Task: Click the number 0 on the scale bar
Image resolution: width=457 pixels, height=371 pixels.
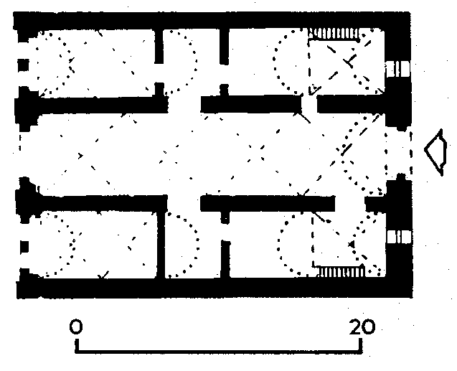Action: (x=76, y=327)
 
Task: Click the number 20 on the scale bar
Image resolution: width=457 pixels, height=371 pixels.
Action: (x=362, y=327)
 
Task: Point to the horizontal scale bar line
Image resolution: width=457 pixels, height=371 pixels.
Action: (x=219, y=351)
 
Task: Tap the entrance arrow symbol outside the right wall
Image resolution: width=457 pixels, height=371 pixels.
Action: (x=435, y=152)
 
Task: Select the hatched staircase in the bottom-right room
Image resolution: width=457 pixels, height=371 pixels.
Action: (x=341, y=272)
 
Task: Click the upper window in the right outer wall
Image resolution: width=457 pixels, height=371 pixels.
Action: (x=398, y=69)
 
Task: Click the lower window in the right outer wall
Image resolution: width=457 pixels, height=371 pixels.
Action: (x=399, y=237)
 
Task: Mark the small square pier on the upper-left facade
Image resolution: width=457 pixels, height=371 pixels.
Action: (x=23, y=65)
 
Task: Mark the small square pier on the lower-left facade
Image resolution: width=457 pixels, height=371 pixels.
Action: (x=24, y=247)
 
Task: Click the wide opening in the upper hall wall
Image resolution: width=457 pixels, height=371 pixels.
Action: (x=184, y=104)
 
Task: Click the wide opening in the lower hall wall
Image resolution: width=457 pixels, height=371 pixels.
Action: (x=184, y=203)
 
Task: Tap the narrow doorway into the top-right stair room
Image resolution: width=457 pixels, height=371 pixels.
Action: (x=309, y=104)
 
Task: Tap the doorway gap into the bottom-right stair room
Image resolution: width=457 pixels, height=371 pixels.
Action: (x=350, y=203)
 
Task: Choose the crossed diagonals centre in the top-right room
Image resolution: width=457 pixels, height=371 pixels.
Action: (x=348, y=62)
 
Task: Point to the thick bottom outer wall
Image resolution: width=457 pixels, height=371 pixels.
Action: (x=215, y=288)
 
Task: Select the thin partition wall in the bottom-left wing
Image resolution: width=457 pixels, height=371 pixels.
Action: (x=161, y=244)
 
